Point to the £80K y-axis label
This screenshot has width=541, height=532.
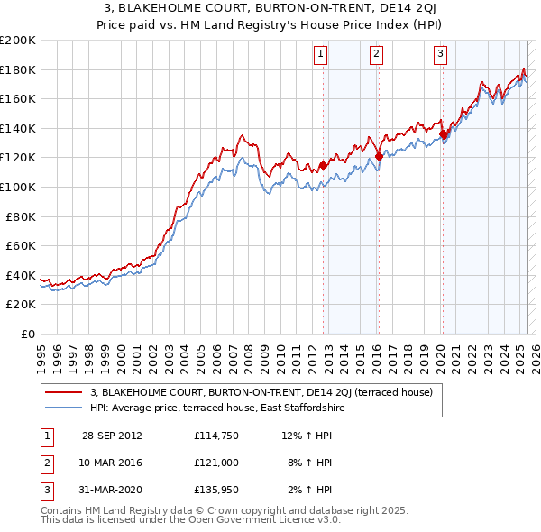[21, 216]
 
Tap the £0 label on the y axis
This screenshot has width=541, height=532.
[27, 335]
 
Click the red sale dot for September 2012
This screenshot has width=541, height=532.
[323, 166]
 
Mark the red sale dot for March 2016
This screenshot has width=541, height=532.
[379, 156]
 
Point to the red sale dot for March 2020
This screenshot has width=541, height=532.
[443, 134]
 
